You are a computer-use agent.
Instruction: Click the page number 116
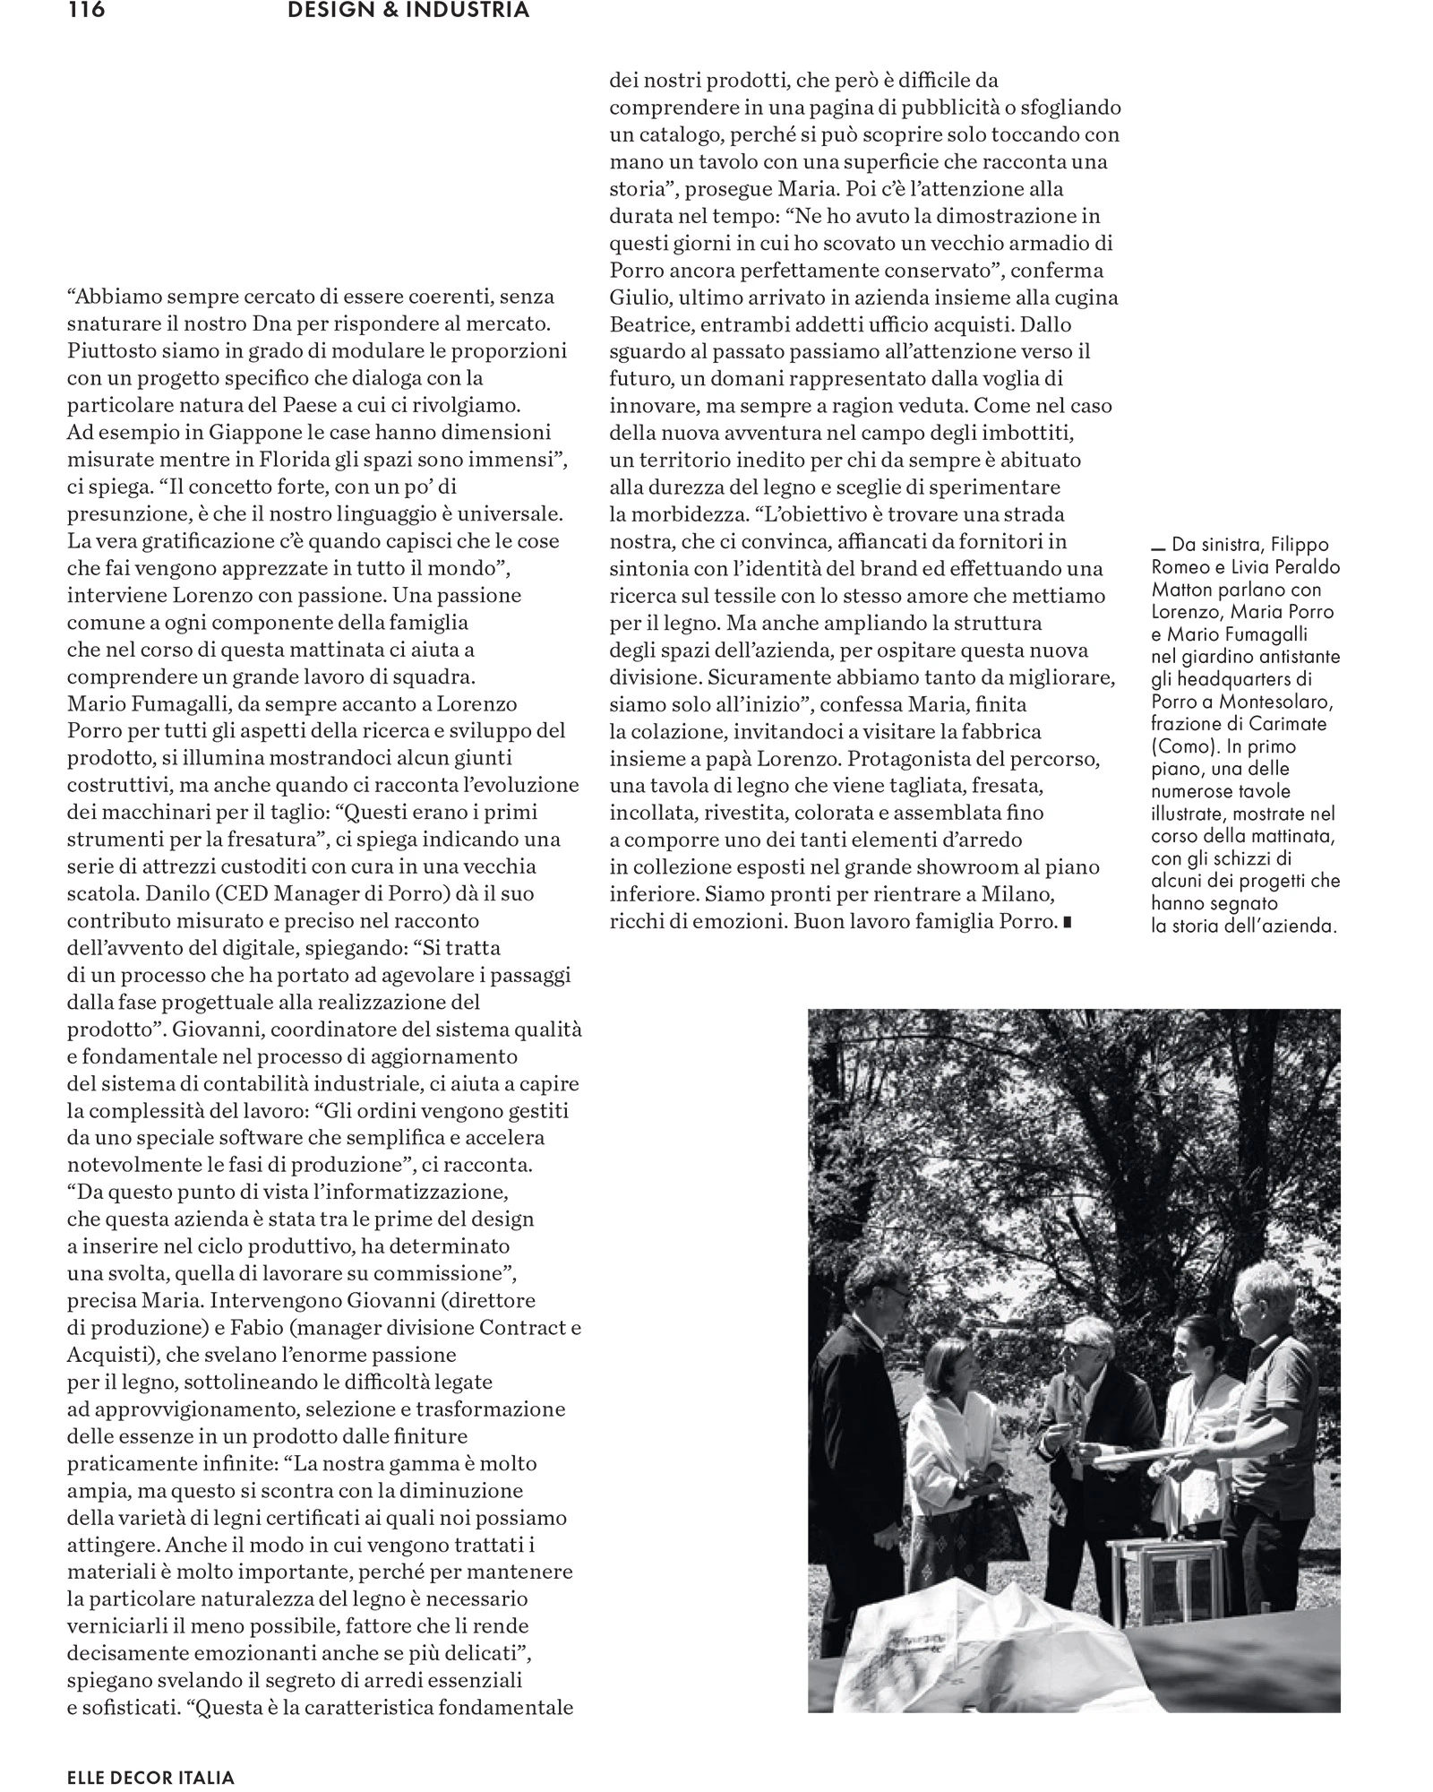click(86, 11)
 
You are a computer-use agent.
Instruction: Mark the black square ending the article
click(1066, 923)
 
